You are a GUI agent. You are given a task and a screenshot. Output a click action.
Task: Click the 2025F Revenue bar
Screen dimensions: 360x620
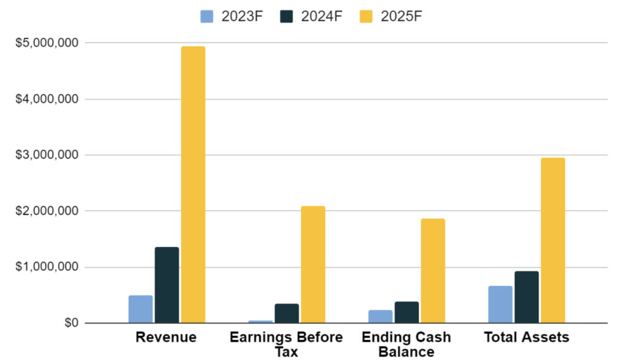click(193, 185)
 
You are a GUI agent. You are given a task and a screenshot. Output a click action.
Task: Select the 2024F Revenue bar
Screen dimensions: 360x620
click(167, 285)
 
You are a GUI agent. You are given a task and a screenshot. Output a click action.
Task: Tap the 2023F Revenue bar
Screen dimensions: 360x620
click(140, 309)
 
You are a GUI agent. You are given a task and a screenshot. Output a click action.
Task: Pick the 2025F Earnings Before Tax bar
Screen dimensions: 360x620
click(313, 264)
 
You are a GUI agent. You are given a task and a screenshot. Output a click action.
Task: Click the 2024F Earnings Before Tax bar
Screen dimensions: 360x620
click(286, 313)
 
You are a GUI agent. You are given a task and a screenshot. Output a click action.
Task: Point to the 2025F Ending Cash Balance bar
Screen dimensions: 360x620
click(433, 270)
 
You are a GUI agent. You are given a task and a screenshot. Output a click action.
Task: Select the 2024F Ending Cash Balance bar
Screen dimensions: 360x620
click(406, 312)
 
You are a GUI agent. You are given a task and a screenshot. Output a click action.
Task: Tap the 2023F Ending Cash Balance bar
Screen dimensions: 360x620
click(380, 316)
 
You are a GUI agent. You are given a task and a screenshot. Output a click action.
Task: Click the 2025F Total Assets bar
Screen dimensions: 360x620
click(553, 240)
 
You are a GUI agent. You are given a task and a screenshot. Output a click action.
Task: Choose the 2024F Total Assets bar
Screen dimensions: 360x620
click(526, 297)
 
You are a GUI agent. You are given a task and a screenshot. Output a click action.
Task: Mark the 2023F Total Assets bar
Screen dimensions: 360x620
click(500, 304)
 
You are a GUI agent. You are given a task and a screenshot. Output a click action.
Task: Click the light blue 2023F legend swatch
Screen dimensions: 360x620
click(207, 16)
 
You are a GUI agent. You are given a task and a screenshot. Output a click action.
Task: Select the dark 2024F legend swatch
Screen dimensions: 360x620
click(286, 16)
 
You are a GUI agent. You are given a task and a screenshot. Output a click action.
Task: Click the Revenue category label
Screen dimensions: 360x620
click(166, 338)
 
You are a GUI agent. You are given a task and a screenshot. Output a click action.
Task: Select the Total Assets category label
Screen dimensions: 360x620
click(527, 338)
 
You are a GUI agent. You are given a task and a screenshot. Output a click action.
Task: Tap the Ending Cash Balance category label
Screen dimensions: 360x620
click(406, 344)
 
